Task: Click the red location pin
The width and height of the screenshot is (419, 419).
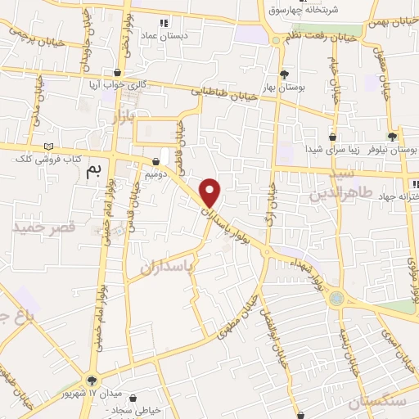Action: tap(211, 193)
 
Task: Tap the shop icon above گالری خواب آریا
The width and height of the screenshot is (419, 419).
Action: tap(119, 72)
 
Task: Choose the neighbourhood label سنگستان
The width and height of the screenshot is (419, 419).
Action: tap(376, 402)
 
